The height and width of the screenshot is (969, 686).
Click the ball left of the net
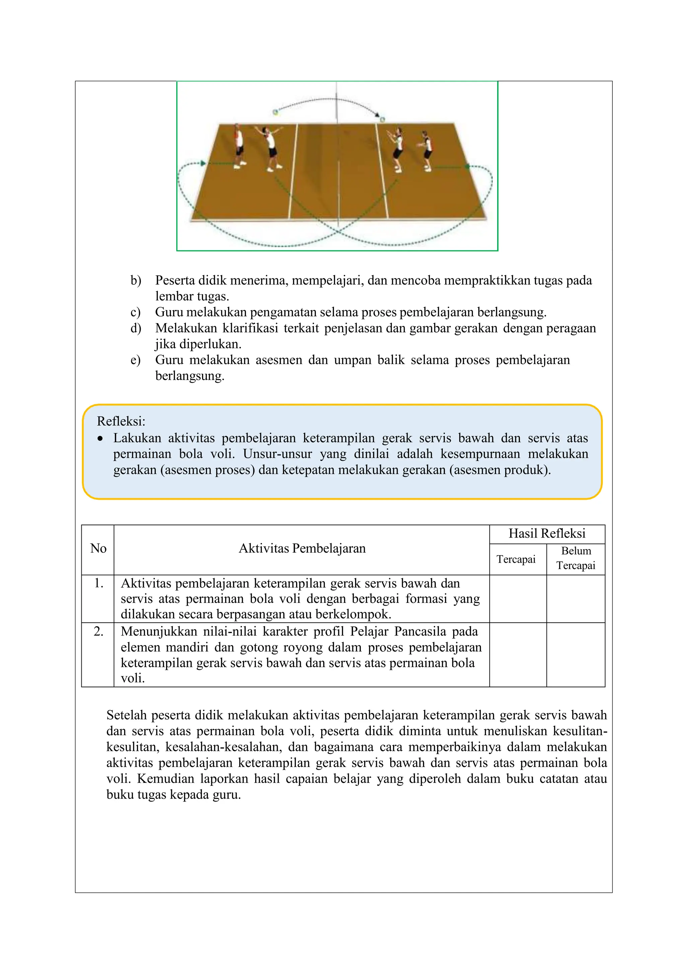[x=275, y=112]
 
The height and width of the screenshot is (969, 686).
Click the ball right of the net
[x=382, y=120]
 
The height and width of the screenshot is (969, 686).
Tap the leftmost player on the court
[x=239, y=146]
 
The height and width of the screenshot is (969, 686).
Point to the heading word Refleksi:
[x=121, y=421]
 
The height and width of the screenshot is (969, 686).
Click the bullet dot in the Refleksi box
[x=100, y=439]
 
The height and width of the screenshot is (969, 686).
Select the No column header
[x=98, y=548]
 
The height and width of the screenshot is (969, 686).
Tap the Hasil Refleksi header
[x=547, y=534]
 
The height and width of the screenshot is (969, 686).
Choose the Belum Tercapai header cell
[x=575, y=558]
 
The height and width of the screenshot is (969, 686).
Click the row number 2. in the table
[x=98, y=631]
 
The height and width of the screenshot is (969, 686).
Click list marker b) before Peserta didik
[x=136, y=280]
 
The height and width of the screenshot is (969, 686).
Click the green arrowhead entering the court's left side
[x=203, y=163]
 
